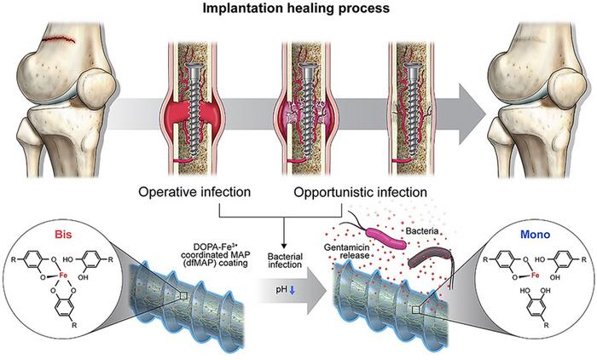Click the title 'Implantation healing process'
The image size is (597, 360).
(x=298, y=9)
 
